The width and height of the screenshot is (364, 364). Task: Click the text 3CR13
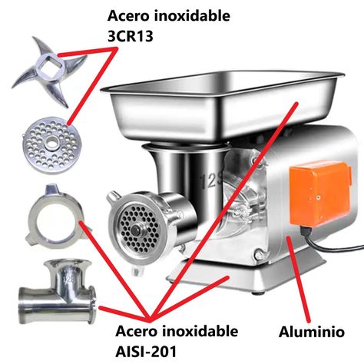(131, 36)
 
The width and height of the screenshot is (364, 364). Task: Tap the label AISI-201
(146, 351)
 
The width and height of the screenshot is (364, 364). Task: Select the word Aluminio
(312, 332)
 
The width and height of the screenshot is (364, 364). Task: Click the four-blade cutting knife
(49, 71)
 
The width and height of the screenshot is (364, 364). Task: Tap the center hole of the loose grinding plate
(52, 141)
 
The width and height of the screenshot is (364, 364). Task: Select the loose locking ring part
(57, 217)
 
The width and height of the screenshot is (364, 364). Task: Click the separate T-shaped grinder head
(58, 292)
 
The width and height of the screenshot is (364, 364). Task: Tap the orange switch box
(320, 194)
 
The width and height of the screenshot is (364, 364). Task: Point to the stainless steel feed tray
(222, 105)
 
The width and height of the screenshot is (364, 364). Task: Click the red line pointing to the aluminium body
(299, 280)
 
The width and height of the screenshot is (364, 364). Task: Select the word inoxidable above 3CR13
(192, 16)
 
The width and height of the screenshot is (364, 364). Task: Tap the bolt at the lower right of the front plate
(259, 255)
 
